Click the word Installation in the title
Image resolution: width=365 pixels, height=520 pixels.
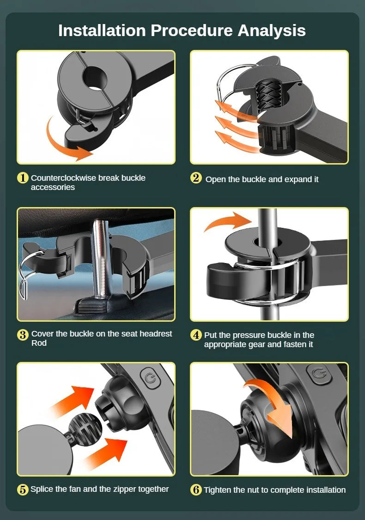[102, 31]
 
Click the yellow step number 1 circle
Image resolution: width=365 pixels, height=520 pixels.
[23, 178]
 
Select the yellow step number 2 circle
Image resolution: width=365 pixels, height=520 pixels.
[196, 178]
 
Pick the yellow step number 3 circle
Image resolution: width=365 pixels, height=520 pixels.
[23, 335]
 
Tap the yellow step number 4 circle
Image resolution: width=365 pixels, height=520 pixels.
[196, 335]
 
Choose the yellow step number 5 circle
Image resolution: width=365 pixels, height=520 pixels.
[23, 489]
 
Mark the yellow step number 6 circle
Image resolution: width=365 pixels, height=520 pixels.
[196, 489]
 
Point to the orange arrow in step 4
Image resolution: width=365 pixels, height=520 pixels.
[229, 220]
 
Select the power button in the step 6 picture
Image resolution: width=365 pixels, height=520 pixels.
[318, 374]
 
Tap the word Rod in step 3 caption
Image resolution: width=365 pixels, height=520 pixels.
[39, 343]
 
